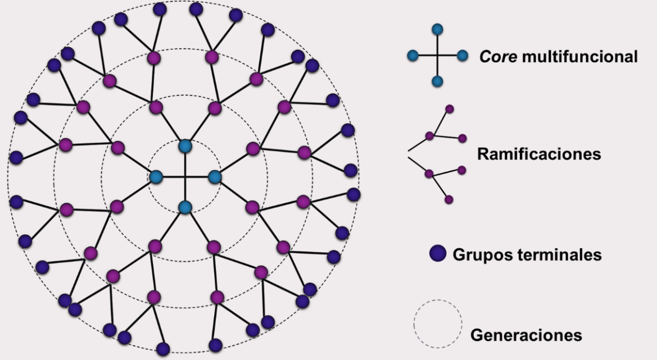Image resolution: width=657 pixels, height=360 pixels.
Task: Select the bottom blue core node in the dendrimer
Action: click(x=185, y=207)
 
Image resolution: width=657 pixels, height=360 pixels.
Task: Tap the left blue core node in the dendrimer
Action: click(x=156, y=177)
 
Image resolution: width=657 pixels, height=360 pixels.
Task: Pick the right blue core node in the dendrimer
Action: click(x=215, y=177)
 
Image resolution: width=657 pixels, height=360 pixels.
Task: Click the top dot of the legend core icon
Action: click(x=437, y=29)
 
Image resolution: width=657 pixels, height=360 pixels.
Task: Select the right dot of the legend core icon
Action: click(x=463, y=56)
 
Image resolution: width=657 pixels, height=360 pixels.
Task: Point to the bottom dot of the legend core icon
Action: click(x=437, y=81)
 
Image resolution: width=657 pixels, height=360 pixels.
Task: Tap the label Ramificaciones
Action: click(x=539, y=154)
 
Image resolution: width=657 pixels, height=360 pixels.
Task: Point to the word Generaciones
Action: click(x=526, y=335)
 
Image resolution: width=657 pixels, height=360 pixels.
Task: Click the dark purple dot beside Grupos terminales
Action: click(x=438, y=254)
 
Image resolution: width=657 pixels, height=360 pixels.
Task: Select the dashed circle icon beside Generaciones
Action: click(x=438, y=324)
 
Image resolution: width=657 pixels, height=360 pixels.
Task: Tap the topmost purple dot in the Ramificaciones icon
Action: click(x=449, y=109)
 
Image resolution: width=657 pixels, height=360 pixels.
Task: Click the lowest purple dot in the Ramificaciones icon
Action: click(x=448, y=199)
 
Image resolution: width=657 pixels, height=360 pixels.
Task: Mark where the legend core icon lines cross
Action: click(x=437, y=56)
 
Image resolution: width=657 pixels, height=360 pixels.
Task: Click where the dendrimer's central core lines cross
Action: click(x=185, y=177)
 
